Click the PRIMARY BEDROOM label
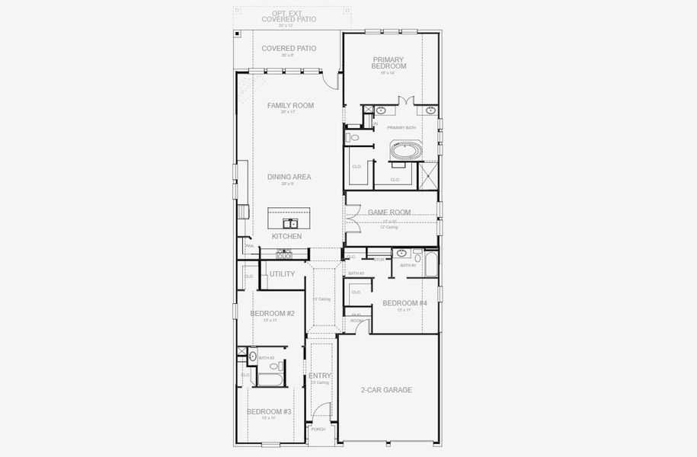389,62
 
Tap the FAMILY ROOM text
290,106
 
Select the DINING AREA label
289,177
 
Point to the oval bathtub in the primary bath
405,151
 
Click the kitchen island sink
290,223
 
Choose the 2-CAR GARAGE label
386,390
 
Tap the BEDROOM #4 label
404,303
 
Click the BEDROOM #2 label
272,313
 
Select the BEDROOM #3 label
269,411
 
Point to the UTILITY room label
282,274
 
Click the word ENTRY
319,376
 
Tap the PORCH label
318,430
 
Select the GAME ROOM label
389,213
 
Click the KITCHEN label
287,237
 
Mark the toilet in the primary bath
353,138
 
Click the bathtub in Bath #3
430,264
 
